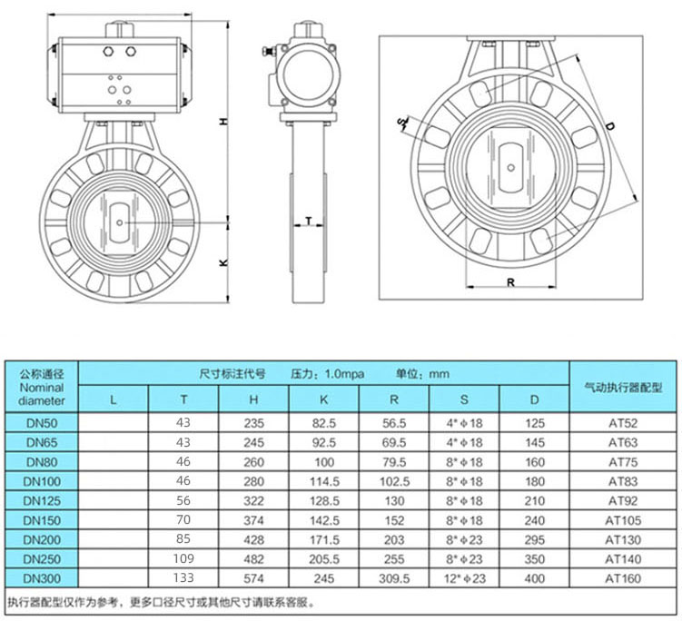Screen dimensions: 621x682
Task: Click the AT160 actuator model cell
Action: pyautogui.click(x=622, y=578)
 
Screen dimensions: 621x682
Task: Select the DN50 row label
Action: pyautogui.click(x=43, y=423)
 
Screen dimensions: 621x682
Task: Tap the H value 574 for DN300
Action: pyautogui.click(x=255, y=578)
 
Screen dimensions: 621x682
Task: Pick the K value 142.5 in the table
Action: pyautogui.click(x=324, y=520)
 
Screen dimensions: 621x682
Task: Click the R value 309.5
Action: pyautogui.click(x=393, y=578)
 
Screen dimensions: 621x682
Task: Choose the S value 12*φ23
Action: pyautogui.click(x=464, y=578)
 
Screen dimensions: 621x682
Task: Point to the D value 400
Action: pyautogui.click(x=534, y=578)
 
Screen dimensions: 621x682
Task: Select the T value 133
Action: pyautogui.click(x=184, y=578)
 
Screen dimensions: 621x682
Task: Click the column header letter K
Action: pyautogui.click(x=324, y=399)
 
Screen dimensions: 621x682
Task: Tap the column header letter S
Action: pyautogui.click(x=464, y=399)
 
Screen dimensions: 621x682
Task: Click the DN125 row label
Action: pyautogui.click(x=43, y=500)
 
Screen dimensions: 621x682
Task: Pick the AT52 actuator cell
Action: pyautogui.click(x=622, y=423)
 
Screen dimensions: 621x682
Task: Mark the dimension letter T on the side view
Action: pyautogui.click(x=310, y=221)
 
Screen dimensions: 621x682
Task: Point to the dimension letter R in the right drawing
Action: pyautogui.click(x=511, y=282)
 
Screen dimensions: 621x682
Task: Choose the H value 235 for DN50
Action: pyautogui.click(x=255, y=423)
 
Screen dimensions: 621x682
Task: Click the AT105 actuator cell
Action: pyautogui.click(x=622, y=520)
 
